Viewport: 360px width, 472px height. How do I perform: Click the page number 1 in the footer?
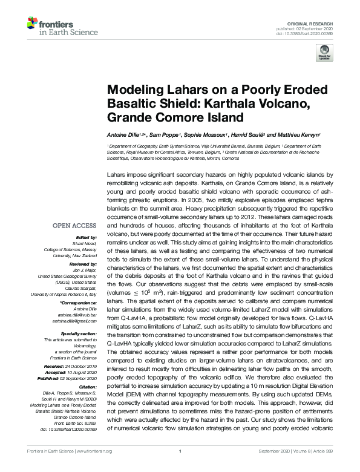(x=180, y=467)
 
